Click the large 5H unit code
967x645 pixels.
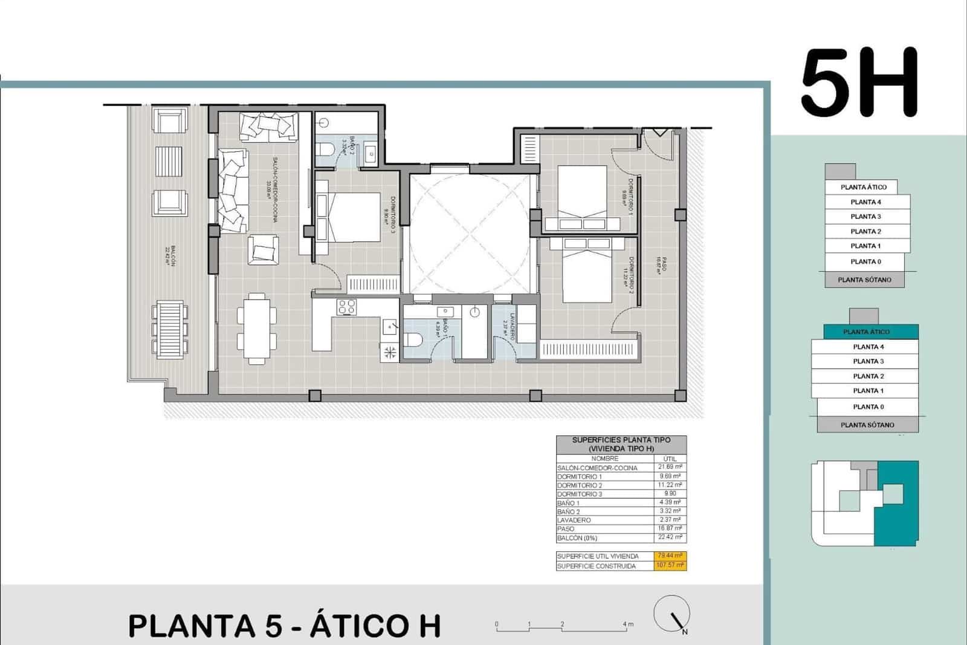[x=859, y=83]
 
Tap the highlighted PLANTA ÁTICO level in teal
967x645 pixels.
[x=866, y=332]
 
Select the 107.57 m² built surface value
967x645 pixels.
[x=670, y=566]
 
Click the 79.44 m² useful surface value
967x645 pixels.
[x=670, y=556]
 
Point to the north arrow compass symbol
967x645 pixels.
[x=672, y=614]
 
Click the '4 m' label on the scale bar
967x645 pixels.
[x=628, y=624]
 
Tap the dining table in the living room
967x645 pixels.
[x=257, y=327]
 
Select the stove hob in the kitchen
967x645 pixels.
[x=346, y=307]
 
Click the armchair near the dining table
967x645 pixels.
[x=263, y=249]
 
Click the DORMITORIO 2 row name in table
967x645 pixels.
[x=580, y=485]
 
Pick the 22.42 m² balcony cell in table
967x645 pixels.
[x=670, y=537]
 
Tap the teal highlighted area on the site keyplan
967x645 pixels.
[x=897, y=502]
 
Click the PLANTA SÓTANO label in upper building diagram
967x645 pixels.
[x=864, y=280]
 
